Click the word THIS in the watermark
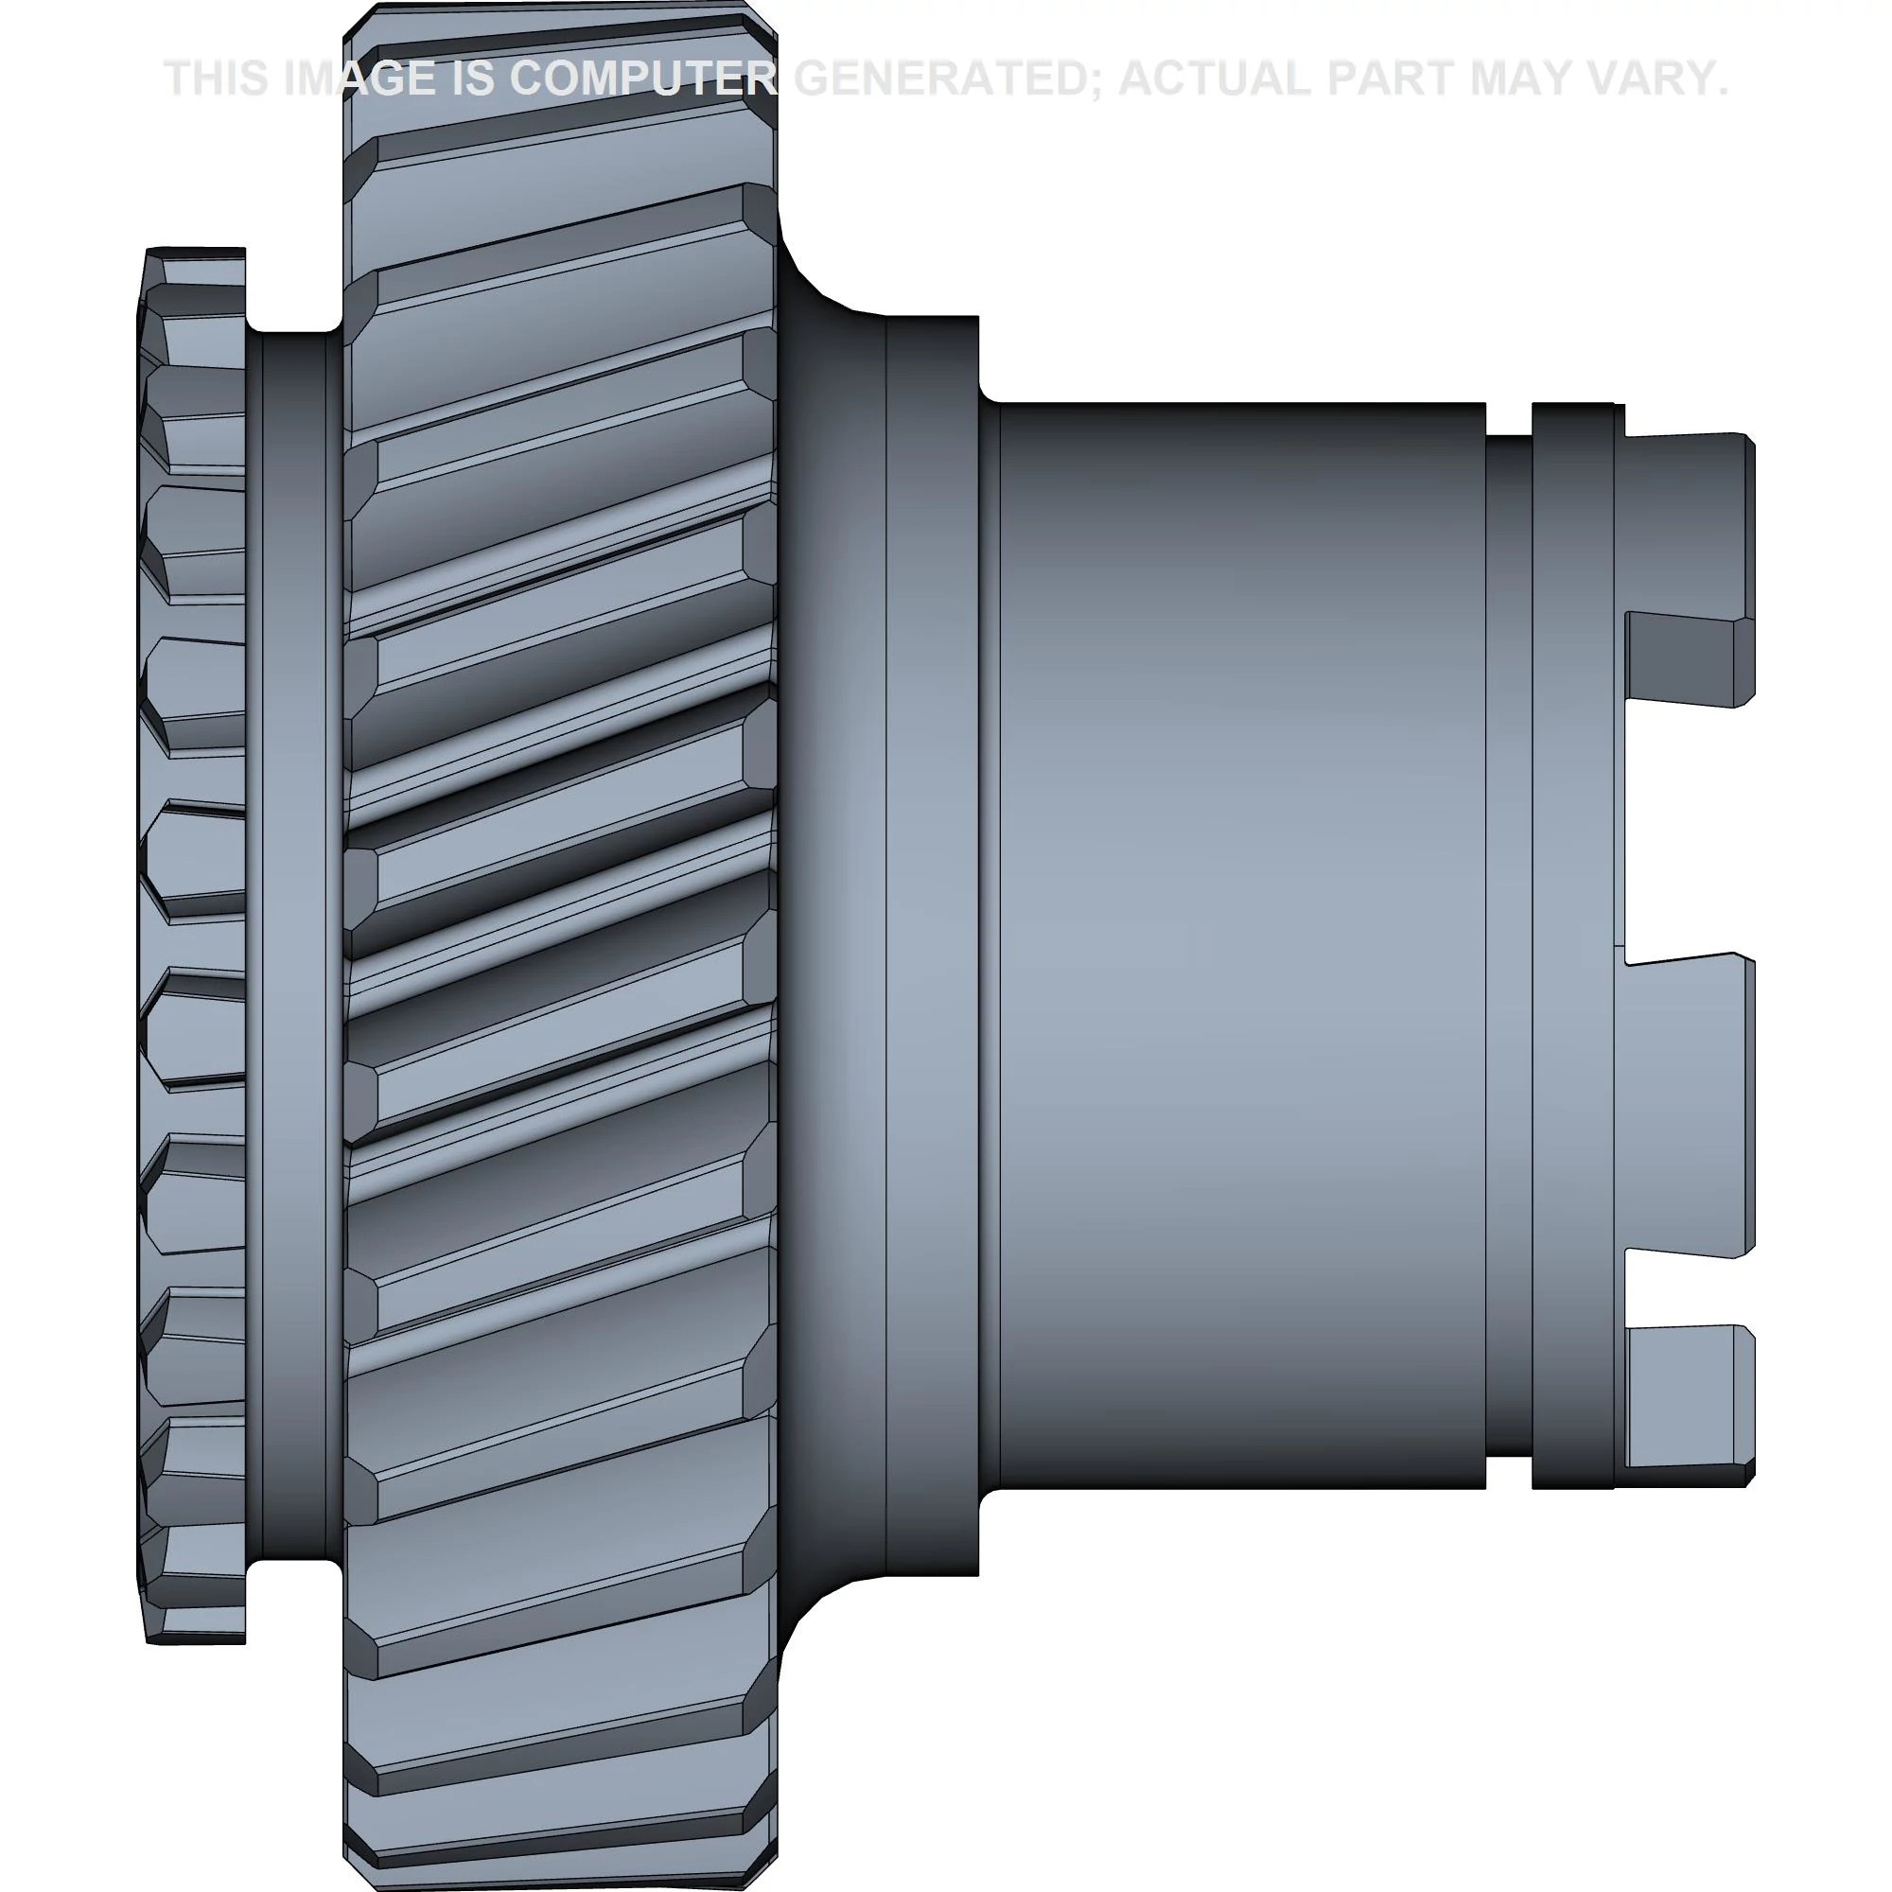pos(217,79)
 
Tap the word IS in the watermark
pos(472,79)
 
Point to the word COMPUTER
pos(643,79)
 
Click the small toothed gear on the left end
pos(192,946)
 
